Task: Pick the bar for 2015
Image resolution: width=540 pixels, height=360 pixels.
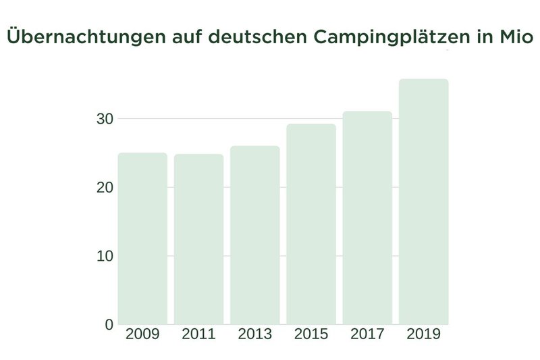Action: (x=311, y=224)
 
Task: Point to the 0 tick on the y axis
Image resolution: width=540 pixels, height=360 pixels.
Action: (x=109, y=325)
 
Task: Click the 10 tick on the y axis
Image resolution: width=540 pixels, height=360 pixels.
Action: (x=105, y=256)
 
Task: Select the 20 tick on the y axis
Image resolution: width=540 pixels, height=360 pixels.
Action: (x=105, y=187)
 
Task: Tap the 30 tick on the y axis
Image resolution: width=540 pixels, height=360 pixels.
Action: (x=105, y=119)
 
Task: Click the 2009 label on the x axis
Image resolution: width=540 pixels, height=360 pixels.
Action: (x=142, y=334)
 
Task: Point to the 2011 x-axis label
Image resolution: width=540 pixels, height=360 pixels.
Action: (x=198, y=334)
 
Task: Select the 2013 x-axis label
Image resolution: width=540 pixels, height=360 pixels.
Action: (x=254, y=334)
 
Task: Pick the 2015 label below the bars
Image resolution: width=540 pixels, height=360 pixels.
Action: (x=311, y=334)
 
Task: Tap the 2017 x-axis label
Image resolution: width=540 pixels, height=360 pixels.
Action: (x=367, y=334)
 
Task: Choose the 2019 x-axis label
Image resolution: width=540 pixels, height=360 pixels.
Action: (x=423, y=334)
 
